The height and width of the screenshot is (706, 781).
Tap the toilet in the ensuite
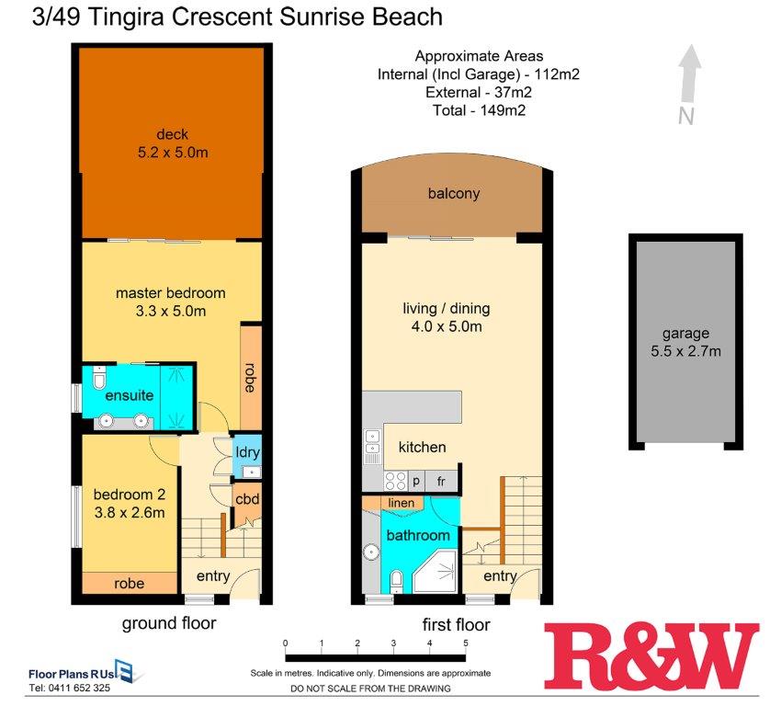99,377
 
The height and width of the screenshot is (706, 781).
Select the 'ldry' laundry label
247,452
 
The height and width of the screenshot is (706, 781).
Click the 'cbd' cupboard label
247,499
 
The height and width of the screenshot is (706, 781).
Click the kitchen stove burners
395,481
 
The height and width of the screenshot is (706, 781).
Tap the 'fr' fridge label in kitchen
441,482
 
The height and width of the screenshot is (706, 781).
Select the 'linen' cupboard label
401,503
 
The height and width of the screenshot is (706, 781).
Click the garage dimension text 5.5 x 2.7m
685,351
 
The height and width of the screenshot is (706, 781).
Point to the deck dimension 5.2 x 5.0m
173,153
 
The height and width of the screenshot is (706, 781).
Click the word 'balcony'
454,193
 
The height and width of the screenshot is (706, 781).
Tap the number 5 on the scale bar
466,643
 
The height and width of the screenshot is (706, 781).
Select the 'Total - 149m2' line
479,110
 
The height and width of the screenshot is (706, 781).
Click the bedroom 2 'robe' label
129,584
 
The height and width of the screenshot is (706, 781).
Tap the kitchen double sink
372,443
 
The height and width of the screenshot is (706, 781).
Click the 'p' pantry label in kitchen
416,482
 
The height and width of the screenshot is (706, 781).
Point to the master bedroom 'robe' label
250,377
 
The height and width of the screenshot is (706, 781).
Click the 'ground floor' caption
169,623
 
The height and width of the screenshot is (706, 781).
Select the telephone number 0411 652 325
79,688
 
